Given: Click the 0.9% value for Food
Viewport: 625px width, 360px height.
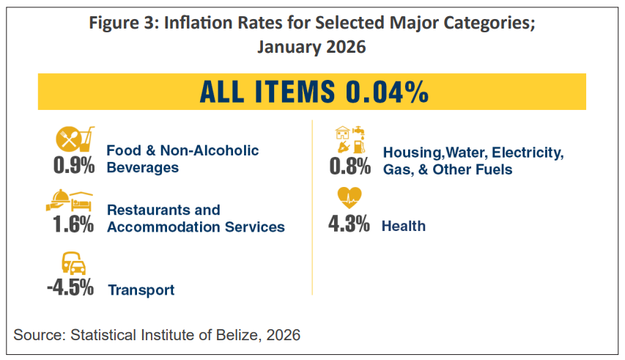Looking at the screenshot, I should [x=74, y=165].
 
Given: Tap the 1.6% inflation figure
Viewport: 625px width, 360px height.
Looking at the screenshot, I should [x=73, y=224].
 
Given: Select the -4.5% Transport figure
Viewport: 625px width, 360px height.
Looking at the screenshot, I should [x=70, y=287].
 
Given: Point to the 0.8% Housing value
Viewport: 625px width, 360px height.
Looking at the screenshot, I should [x=350, y=166].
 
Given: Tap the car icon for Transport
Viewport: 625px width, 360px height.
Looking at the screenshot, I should [x=73, y=264].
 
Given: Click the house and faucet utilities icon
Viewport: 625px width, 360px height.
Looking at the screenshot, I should [x=350, y=139].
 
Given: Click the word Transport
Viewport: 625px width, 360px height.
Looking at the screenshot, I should [x=141, y=290].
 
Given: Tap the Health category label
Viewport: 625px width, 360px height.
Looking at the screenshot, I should [x=403, y=226].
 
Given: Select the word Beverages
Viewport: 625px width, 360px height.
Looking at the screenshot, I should [x=143, y=167].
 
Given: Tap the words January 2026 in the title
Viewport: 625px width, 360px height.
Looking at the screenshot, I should [x=311, y=46].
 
